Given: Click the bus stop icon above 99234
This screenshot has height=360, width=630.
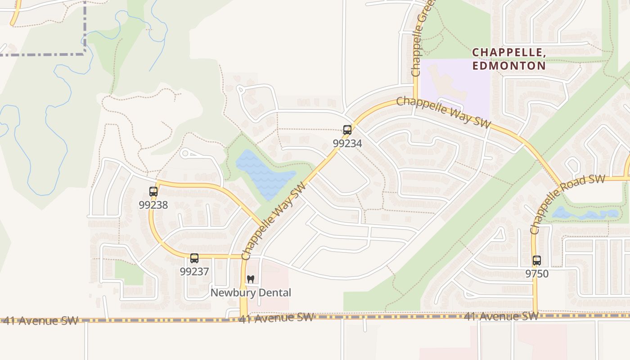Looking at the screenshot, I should (x=347, y=130).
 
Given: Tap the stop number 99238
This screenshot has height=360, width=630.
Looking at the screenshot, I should (x=153, y=205).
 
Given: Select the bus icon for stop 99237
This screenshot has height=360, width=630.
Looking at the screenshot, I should (x=194, y=258).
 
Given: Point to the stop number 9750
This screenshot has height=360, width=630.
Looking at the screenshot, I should (x=537, y=274).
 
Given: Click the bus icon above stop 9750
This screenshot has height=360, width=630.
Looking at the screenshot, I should (x=537, y=260).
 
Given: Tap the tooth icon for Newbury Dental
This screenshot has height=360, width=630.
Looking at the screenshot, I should (x=251, y=279).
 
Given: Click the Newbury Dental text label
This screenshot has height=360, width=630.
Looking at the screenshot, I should (x=251, y=293).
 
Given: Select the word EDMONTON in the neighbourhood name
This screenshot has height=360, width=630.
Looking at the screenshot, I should (x=509, y=66).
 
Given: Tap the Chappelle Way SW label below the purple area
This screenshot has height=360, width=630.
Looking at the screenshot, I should (x=444, y=112).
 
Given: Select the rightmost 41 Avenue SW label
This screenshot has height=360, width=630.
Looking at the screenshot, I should (x=501, y=316).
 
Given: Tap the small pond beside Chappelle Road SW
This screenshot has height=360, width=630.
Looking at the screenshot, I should (x=585, y=214).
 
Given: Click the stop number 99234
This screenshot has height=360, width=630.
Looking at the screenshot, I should (x=347, y=143).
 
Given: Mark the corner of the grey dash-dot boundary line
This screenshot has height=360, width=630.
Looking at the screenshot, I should (x=85, y=54).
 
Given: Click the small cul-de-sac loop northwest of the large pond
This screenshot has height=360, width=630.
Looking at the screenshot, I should (x=184, y=153).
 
